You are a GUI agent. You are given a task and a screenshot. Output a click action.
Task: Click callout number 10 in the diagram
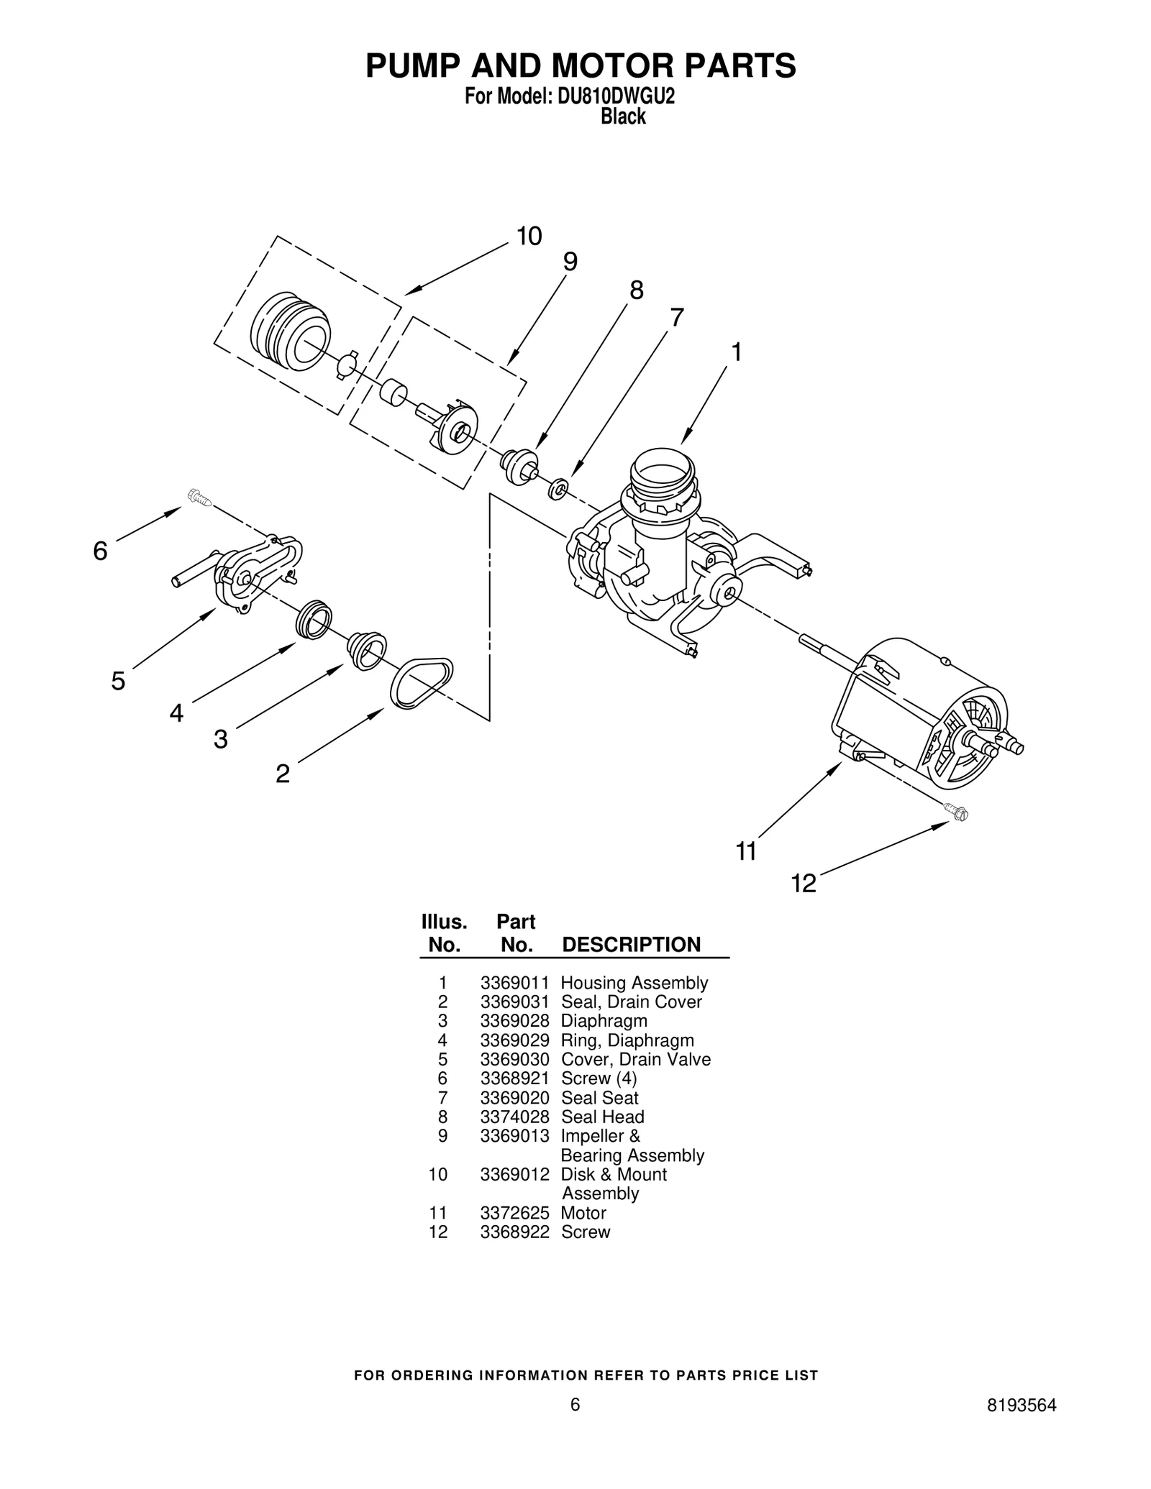point(529,237)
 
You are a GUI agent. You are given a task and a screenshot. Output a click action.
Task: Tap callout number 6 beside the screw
point(100,551)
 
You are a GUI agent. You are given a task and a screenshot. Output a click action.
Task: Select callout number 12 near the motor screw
point(804,883)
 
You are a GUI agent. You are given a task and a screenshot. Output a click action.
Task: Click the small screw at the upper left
point(199,497)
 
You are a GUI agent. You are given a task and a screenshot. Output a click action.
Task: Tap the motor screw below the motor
point(957,812)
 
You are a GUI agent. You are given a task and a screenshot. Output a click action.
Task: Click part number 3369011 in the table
point(514,983)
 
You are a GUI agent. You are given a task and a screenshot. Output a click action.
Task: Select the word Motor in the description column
point(583,1213)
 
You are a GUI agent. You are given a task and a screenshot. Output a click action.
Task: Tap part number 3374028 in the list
point(514,1117)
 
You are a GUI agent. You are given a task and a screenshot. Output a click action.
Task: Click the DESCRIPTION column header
point(631,945)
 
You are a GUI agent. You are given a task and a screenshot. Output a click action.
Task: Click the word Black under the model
point(623,116)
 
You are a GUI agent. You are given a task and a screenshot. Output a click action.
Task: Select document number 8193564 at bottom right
point(1022,1426)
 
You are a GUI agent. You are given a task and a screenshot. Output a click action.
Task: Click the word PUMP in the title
point(414,65)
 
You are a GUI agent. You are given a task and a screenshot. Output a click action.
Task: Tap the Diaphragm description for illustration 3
point(604,1021)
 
